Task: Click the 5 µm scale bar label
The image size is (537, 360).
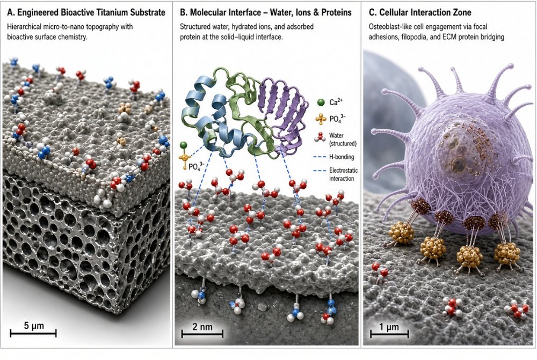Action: (34, 326)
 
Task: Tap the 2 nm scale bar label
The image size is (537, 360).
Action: (202, 326)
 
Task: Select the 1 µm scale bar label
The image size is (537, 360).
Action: (389, 327)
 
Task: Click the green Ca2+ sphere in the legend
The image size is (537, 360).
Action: (321, 102)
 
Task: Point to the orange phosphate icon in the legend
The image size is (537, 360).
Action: (321, 119)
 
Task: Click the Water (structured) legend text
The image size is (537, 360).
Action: (343, 139)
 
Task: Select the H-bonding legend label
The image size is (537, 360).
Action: (342, 157)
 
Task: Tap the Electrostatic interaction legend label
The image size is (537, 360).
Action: (344, 174)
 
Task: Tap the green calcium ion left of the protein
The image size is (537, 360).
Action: (184, 145)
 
